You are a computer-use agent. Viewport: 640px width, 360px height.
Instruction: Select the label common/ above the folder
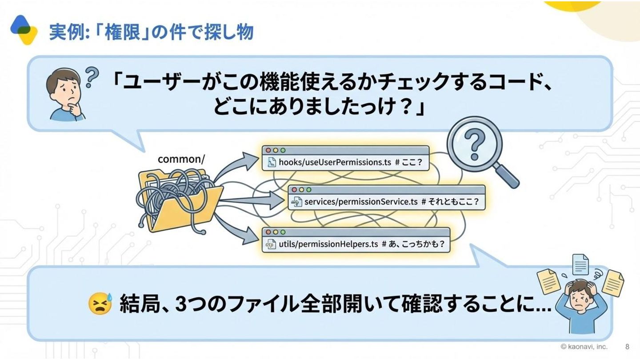181,159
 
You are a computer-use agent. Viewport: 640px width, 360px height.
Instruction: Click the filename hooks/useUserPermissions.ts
335,162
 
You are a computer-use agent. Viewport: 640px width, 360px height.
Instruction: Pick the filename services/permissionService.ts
361,202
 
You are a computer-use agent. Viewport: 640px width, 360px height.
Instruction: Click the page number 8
627,347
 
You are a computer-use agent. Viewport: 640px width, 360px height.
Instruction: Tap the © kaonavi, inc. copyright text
584,347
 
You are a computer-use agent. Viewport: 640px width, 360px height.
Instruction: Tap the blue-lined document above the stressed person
580,264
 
